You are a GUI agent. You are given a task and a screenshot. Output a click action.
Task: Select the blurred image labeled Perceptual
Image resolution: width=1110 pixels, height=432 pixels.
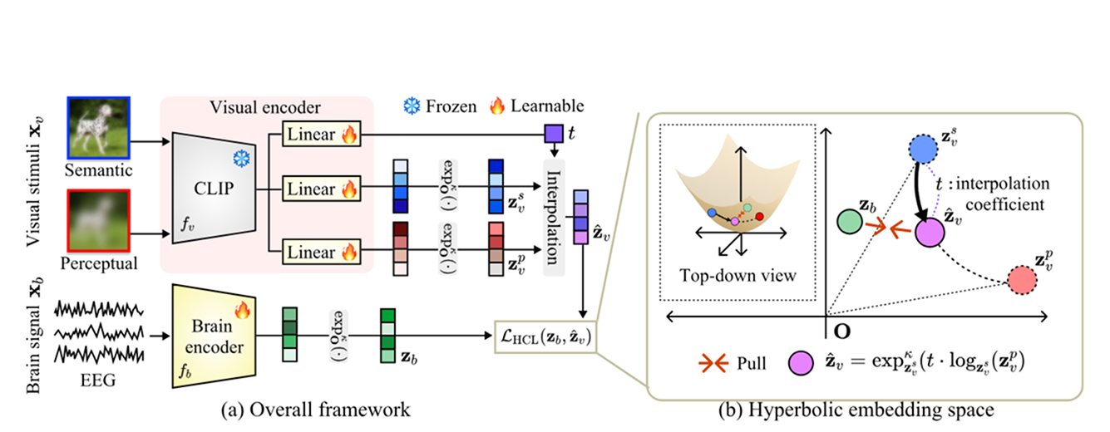[99, 220]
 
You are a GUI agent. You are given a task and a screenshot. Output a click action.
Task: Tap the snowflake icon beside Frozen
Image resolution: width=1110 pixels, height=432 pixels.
[412, 106]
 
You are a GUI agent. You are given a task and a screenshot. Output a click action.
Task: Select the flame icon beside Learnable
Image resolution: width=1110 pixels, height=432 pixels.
[497, 106]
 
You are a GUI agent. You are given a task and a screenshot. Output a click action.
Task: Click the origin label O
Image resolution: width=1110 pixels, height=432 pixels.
[841, 331]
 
